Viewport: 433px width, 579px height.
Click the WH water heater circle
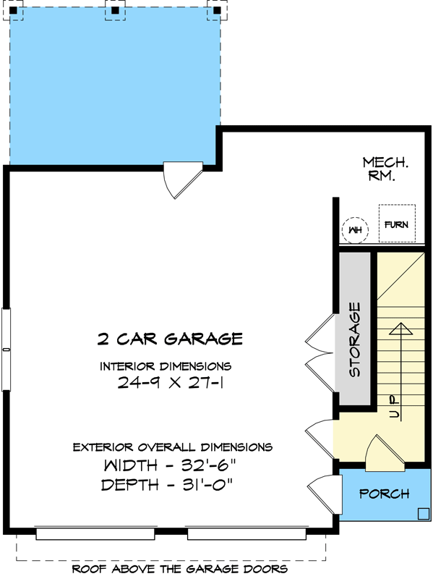[354, 230]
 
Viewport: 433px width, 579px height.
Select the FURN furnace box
[396, 224]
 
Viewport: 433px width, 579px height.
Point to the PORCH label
[385, 494]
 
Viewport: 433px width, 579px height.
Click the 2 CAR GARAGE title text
[170, 338]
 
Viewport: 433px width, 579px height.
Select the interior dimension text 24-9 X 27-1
[170, 384]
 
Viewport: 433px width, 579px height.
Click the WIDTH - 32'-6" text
[170, 464]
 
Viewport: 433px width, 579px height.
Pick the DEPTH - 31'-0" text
[170, 484]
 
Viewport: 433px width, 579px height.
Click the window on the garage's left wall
[7, 350]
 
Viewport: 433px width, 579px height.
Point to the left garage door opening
[95, 534]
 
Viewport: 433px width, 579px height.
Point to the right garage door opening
[246, 534]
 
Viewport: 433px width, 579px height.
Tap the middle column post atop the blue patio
[114, 10]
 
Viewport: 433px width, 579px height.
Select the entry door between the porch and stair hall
[380, 453]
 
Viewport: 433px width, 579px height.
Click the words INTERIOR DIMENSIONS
[166, 365]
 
